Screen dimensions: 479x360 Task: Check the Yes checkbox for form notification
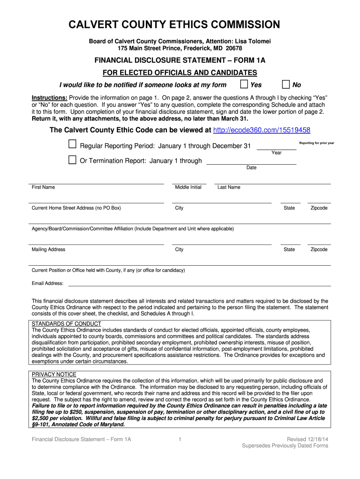click(244, 84)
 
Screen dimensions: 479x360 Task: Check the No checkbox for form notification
click(286, 84)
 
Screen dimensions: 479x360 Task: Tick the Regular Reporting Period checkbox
click(72, 145)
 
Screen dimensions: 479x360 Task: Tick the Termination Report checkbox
click(72, 160)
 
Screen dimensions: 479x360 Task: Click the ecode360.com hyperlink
click(261, 130)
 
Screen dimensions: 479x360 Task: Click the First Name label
click(43, 187)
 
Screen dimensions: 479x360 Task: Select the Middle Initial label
click(188, 187)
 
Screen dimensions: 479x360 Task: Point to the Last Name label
click(229, 187)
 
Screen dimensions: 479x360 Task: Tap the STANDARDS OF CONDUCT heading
click(66, 324)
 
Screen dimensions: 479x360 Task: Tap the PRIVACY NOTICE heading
click(54, 375)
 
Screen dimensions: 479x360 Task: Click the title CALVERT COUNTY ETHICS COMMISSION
click(180, 25)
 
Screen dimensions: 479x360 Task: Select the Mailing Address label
click(48, 249)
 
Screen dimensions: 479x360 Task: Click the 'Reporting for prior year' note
click(317, 143)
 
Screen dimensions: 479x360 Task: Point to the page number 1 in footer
click(180, 439)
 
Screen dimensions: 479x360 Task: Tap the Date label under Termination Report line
click(251, 167)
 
